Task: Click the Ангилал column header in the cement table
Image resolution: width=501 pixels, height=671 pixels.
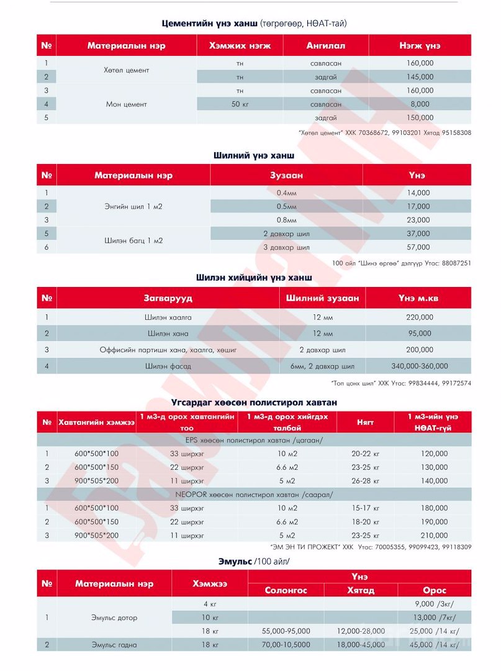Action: [x=325, y=45]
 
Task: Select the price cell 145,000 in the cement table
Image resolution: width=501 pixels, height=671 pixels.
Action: [x=420, y=77]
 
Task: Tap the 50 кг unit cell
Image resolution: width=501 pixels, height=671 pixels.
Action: [x=240, y=104]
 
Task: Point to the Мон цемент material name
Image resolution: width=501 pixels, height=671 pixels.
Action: [x=126, y=104]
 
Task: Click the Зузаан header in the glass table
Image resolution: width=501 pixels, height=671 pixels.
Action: [x=286, y=176]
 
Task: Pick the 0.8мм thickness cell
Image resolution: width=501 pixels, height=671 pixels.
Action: [x=286, y=220]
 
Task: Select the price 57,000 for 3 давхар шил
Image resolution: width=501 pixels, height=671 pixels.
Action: [x=417, y=247]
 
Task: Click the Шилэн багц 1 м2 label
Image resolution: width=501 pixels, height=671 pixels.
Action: [x=133, y=240]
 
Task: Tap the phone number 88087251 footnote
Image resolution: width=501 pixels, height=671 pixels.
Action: [x=451, y=263]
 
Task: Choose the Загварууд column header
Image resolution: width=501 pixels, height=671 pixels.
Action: [x=168, y=298]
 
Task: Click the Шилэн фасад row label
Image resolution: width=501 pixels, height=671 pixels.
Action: [x=168, y=367]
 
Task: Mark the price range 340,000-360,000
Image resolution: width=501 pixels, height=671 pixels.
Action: [x=419, y=367]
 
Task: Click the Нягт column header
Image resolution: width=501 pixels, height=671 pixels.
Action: [x=365, y=422]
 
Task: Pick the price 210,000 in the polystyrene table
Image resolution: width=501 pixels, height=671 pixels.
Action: [x=433, y=536]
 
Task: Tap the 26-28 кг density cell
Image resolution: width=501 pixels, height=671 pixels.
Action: [x=365, y=481]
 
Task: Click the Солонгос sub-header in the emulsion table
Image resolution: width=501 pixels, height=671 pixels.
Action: [x=286, y=590]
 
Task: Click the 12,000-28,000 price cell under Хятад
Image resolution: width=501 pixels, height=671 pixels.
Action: [x=360, y=631]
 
